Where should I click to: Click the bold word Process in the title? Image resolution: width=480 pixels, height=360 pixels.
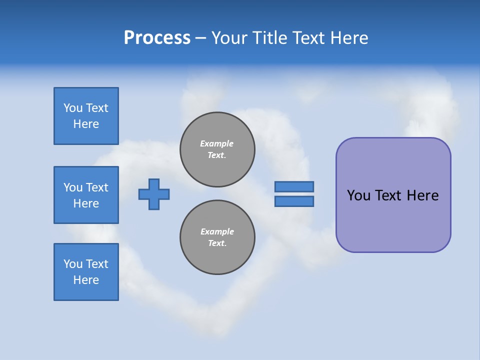(157, 38)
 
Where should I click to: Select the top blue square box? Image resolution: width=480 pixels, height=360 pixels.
(86, 116)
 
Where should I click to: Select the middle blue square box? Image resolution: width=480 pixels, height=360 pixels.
(86, 195)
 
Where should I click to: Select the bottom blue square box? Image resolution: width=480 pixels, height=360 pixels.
(86, 272)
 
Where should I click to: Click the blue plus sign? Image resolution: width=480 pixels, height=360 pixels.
(154, 194)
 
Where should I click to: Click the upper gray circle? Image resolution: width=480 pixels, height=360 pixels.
(217, 149)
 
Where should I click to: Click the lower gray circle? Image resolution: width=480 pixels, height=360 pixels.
(217, 237)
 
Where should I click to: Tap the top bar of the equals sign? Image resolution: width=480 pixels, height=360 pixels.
(294, 186)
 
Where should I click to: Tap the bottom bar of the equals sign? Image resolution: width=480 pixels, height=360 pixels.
(294, 201)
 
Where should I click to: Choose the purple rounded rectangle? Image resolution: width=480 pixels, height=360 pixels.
(393, 195)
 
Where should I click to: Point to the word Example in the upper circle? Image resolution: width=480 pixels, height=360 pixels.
(217, 143)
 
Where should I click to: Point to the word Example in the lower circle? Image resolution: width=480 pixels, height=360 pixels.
(217, 231)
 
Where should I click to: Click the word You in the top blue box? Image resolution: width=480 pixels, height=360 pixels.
(72, 108)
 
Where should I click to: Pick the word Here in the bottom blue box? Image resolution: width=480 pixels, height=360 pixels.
(86, 280)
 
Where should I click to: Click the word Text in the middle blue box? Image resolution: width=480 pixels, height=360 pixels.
(97, 187)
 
